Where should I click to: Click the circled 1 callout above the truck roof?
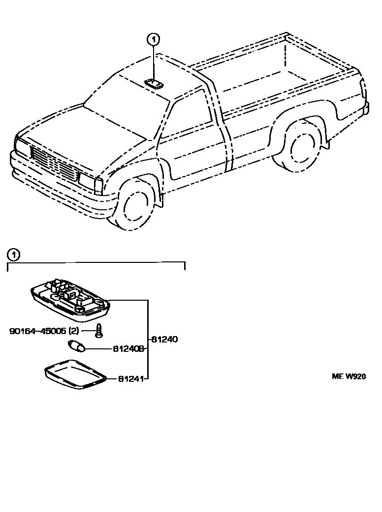point(154,39)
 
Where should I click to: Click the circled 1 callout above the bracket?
point(13,255)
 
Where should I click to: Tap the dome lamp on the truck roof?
point(154,84)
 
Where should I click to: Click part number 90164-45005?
point(37,331)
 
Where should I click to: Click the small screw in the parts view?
point(99,331)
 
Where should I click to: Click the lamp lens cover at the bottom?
point(75,374)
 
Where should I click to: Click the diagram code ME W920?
point(349,377)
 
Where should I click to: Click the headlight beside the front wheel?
point(91,182)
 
